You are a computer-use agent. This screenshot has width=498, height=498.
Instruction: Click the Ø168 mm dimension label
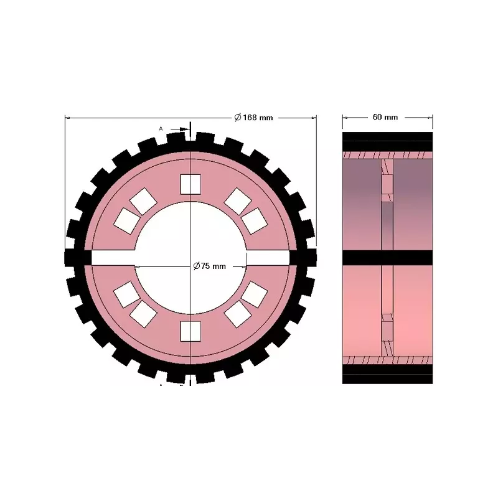click(253, 118)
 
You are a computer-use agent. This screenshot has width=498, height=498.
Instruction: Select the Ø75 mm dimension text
click(210, 266)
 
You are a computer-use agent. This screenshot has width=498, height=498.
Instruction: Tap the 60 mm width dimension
click(385, 117)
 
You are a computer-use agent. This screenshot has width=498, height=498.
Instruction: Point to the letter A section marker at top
click(161, 129)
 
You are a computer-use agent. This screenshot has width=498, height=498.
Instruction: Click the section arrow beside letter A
click(180, 129)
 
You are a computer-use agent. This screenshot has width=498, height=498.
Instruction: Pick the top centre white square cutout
click(190, 184)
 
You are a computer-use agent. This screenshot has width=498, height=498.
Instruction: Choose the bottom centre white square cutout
click(190, 331)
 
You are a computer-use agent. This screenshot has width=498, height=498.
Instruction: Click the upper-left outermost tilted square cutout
click(127, 221)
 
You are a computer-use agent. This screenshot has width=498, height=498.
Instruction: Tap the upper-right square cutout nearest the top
click(238, 201)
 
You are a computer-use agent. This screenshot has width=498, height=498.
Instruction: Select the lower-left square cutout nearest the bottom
click(143, 314)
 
